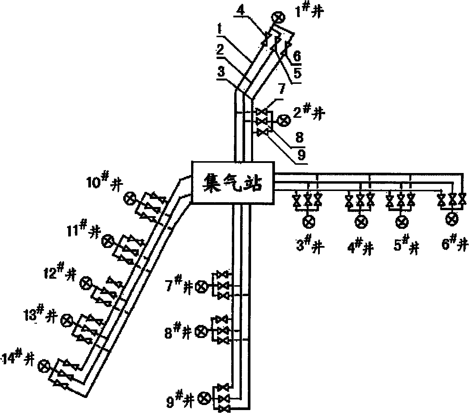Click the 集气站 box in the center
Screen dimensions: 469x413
pos(233,182)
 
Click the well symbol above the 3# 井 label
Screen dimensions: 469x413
pos(309,222)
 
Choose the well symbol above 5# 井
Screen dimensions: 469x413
pos(401,222)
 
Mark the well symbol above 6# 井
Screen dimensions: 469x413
pos(452,219)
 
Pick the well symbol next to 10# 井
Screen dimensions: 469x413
pos(130,198)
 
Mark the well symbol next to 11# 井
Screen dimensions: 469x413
pos(107,241)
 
